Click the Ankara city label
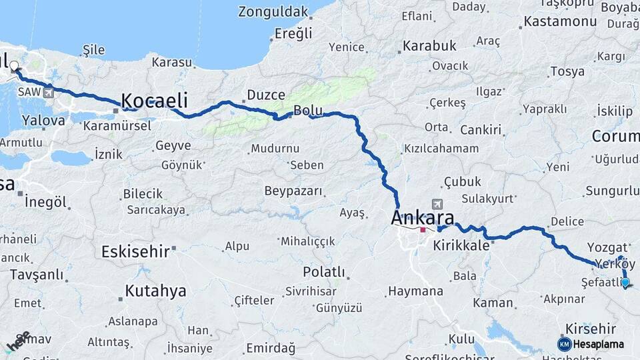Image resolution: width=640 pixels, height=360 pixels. coord(423,217)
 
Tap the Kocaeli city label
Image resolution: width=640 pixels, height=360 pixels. coord(154,101)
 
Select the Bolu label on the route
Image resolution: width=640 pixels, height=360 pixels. coord(308,111)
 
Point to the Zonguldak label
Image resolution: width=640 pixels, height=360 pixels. coord(273,12)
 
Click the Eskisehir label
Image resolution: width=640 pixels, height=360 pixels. coord(134,251)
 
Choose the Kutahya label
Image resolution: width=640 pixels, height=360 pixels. coord(155,291)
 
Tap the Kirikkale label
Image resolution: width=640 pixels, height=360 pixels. coord(461,245)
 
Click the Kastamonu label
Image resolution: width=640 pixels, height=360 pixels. coord(560,21)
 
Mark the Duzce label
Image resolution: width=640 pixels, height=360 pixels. coord(266,95)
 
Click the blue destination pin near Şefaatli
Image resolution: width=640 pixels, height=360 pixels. coord(625,283)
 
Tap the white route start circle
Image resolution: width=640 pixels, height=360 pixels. coord(15,66)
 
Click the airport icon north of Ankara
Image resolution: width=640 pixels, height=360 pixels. coord(437,204)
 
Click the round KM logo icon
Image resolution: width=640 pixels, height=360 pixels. coord(564,344)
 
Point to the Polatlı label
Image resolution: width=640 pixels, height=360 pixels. coord(324,272)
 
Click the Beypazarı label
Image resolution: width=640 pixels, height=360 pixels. coord(293,191)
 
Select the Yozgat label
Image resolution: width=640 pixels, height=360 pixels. coord(607,247)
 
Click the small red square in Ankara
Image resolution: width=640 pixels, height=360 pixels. coord(423,230)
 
